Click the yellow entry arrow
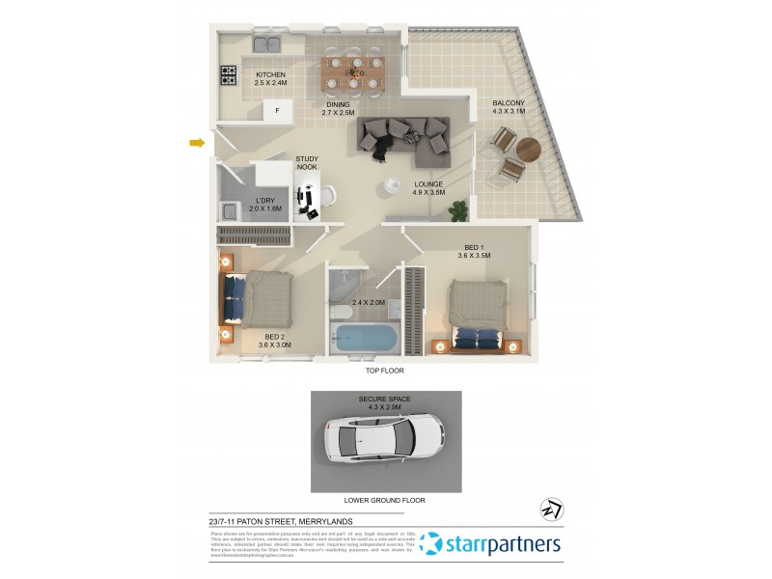click(x=198, y=144)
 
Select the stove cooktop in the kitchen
click(x=229, y=75)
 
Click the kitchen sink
click(x=267, y=43)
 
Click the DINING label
click(x=338, y=109)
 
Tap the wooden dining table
click(x=352, y=69)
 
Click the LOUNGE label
click(x=428, y=187)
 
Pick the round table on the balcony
click(x=530, y=151)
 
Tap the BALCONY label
click(x=509, y=107)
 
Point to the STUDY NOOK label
click(x=307, y=163)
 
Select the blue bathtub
click(x=364, y=339)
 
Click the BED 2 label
click(x=274, y=340)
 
